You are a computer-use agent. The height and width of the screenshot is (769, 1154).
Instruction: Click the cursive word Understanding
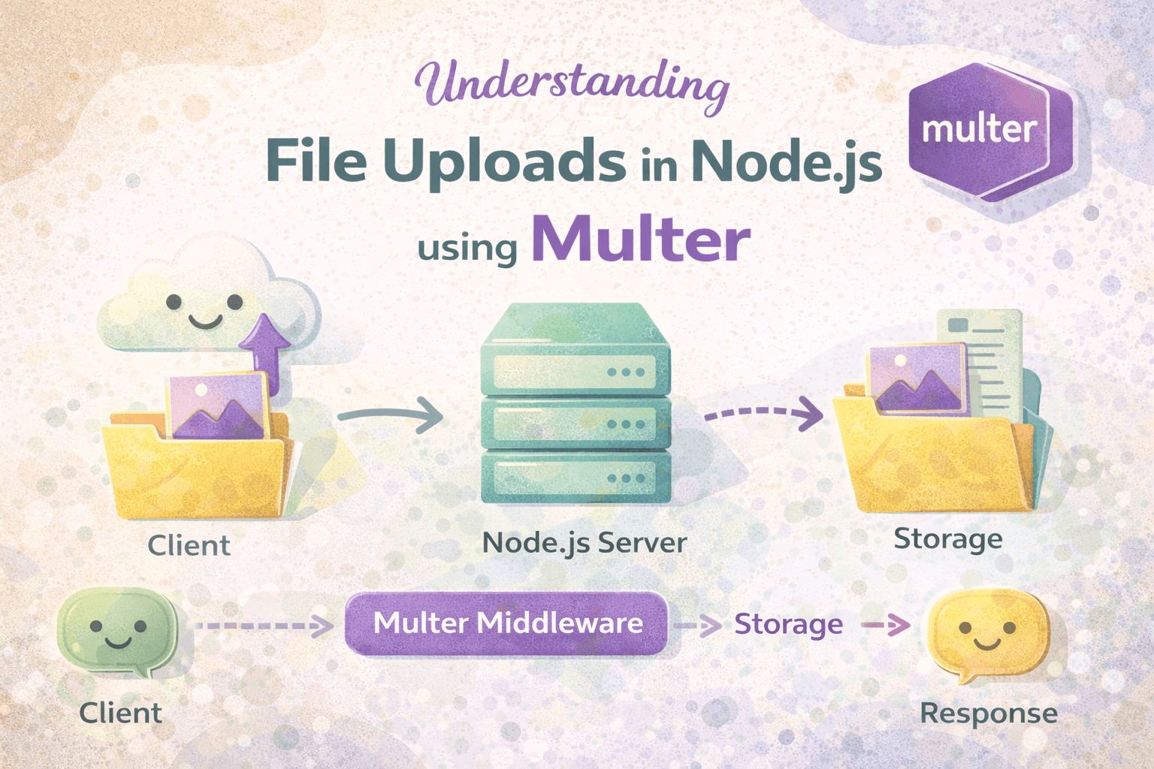tap(571, 84)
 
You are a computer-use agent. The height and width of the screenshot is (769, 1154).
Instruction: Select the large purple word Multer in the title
tap(640, 240)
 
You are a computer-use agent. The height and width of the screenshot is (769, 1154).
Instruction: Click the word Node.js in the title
tap(786, 161)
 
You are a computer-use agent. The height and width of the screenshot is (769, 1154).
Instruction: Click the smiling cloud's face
tap(204, 309)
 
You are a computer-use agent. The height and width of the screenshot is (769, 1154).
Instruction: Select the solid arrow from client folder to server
tap(390, 414)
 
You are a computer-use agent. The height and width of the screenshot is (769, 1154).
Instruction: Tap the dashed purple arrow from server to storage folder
tap(763, 413)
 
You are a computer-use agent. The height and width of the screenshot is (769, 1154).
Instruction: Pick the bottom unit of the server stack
tap(575, 478)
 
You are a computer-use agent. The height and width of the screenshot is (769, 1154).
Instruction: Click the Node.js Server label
tap(584, 543)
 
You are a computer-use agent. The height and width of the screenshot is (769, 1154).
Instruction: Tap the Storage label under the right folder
tap(947, 539)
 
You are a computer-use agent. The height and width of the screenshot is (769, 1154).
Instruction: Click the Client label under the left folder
tap(189, 545)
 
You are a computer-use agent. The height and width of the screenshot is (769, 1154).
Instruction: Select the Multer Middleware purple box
tap(507, 623)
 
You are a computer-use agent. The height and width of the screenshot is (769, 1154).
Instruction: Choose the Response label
tap(988, 713)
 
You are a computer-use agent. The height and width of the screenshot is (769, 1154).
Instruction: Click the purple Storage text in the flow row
tap(788, 624)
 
